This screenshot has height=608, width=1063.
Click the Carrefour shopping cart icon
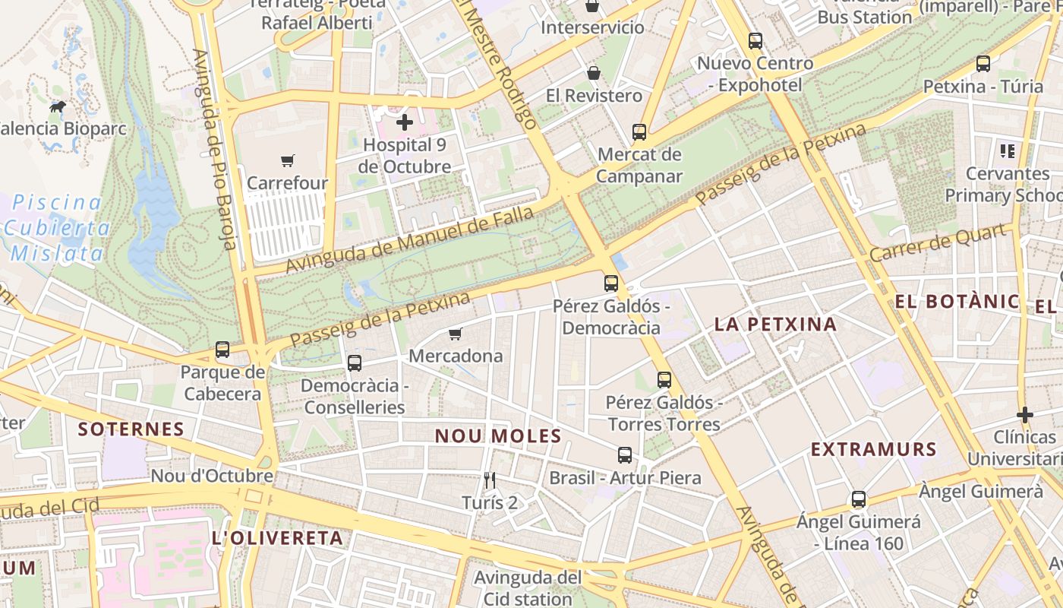pos(287,160)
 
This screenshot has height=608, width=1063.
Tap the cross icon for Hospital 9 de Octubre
pos(405,122)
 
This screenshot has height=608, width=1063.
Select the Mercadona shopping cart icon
pos(456,334)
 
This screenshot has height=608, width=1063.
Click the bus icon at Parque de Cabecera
pos(222,350)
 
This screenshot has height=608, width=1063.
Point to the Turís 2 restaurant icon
pos(490,480)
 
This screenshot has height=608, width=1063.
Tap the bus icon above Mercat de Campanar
pos(639,132)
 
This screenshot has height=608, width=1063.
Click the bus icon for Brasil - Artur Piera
pos(625,455)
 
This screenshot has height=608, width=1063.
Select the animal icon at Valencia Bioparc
pos(58,107)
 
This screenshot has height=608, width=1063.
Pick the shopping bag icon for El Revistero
pos(594,73)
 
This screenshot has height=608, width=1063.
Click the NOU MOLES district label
pos(498,436)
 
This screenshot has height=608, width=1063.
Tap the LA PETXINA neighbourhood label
pos(775,325)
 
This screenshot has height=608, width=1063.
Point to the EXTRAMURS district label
pos(873,449)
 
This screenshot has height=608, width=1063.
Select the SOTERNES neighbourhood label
pos(131,429)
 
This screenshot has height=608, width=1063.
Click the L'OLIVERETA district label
pos(277,539)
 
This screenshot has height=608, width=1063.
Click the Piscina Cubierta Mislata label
pos(57,228)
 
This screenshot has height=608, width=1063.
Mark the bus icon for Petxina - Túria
pos(983,64)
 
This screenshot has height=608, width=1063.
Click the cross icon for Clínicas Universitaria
pos(1025,415)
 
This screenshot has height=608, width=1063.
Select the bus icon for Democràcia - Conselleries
pos(355,363)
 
